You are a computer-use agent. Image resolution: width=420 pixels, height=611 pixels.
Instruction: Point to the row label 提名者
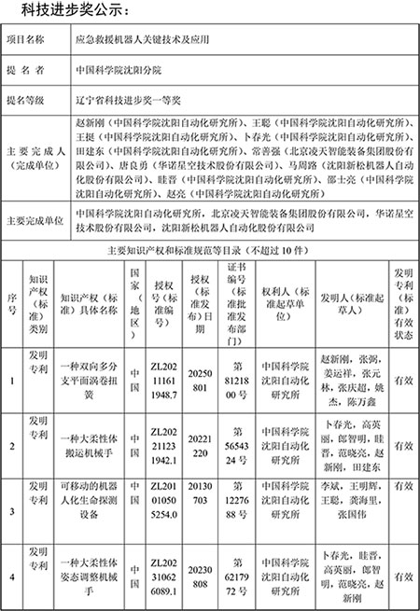[31, 69]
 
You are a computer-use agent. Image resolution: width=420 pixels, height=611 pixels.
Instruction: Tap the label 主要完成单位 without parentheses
[35, 221]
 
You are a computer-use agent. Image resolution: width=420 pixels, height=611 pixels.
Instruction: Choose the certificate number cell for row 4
[234, 576]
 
